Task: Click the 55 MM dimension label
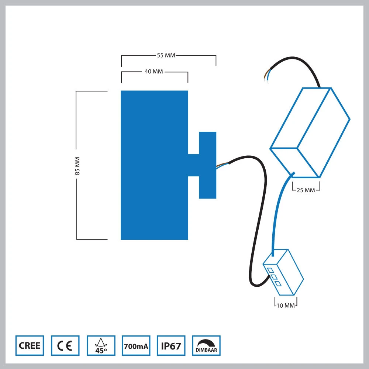click(166, 55)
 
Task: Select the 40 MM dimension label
click(154, 71)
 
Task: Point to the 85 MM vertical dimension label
click(77, 166)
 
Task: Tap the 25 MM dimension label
click(306, 190)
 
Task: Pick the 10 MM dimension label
click(286, 306)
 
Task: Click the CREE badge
click(30, 345)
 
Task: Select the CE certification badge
click(65, 345)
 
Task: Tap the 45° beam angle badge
click(101, 345)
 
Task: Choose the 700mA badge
click(136, 345)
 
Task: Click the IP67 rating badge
click(171, 345)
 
